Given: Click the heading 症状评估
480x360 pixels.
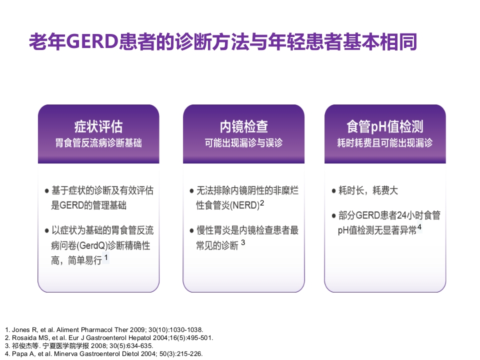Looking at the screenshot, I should coord(98,125).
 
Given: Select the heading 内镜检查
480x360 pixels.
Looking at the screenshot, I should coord(243,125).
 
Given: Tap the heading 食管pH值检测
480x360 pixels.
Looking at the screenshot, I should coord(384,125).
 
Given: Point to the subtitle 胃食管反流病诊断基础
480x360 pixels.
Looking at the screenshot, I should coord(98,143).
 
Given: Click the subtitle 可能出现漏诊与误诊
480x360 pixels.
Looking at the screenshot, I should coord(243,143).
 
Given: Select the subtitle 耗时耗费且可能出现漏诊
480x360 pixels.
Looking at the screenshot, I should coord(384,143).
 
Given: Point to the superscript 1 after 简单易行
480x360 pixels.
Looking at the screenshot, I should coord(106,258).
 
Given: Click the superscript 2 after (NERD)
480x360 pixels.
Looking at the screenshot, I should coord(261,203).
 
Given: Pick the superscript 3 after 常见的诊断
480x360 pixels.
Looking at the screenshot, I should coord(243,242).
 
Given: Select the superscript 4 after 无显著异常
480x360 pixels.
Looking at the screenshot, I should coord(419,227).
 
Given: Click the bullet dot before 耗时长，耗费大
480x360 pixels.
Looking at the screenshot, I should coord(334,191).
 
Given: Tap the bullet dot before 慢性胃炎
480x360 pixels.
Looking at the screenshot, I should coord(192,231).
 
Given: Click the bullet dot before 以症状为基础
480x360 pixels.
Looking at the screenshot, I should coord(47,231).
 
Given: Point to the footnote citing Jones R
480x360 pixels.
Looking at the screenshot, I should coord(104,330).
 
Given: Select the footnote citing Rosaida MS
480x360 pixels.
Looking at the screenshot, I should coord(109,337).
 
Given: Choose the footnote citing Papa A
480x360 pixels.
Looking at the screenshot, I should coord(104,353).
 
